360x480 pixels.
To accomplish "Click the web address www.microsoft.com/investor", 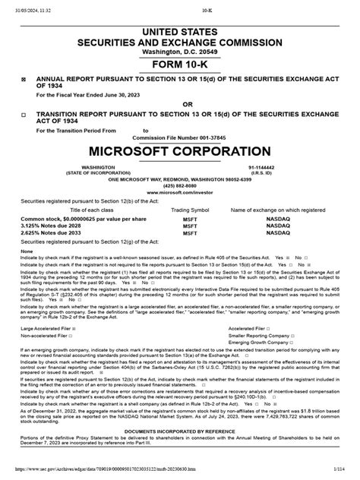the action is (x=180, y=193).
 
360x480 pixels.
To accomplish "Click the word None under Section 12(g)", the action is (x=27, y=250).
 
